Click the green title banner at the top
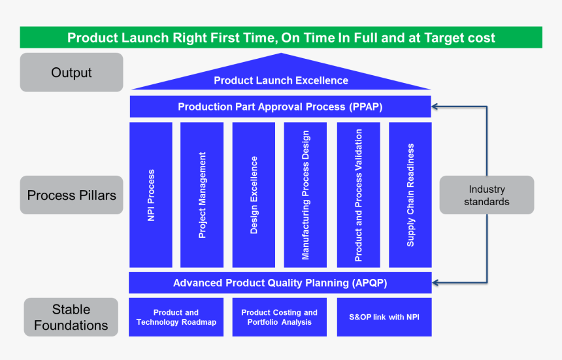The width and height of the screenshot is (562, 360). (281, 37)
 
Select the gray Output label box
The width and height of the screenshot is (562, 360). (71, 72)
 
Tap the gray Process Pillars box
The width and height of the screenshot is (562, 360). (71, 195)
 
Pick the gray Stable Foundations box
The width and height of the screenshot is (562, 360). (71, 317)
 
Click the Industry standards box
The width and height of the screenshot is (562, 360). (486, 195)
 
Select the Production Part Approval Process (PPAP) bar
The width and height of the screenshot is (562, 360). (280, 106)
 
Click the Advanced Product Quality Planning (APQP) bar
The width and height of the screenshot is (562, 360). (280, 283)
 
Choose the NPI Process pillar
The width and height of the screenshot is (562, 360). (151, 195)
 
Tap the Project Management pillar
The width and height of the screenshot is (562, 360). (202, 195)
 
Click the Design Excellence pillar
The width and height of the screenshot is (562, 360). (254, 195)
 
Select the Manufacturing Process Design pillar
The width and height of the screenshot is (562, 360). (305, 195)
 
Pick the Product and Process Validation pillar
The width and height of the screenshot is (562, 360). (358, 195)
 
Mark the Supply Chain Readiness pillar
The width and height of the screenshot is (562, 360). (410, 195)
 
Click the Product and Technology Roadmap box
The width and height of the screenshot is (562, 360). (176, 318)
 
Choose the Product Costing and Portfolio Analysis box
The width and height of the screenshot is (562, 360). (279, 318)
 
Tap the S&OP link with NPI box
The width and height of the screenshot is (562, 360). (384, 318)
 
